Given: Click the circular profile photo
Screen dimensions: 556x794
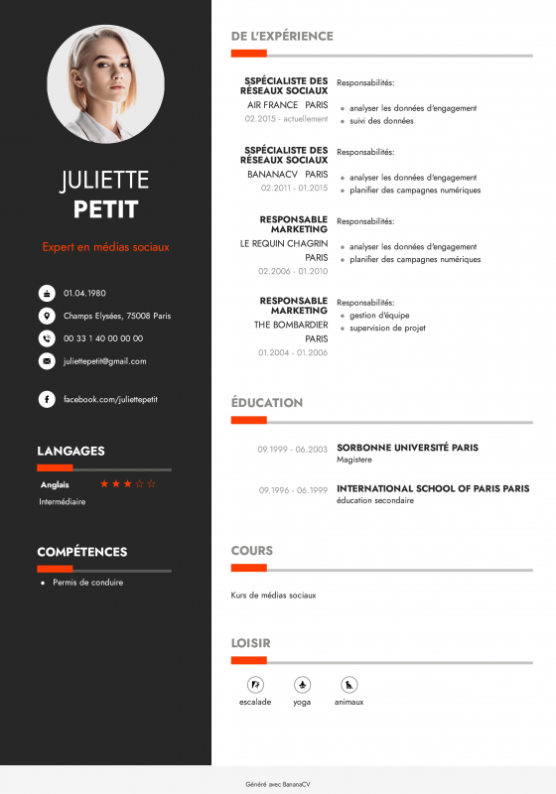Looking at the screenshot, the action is (105, 84).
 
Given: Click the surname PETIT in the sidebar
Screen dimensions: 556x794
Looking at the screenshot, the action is (105, 210).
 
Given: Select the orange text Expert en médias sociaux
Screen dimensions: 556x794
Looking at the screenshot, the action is (105, 246).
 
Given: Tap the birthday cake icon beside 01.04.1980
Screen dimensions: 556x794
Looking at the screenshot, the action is (47, 293).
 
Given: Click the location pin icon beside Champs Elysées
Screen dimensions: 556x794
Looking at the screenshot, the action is (47, 316).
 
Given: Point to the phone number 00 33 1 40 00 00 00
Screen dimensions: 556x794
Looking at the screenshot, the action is (103, 338).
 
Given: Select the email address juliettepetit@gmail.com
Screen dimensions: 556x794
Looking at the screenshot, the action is (104, 361).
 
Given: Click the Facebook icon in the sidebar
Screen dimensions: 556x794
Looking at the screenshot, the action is (47, 399).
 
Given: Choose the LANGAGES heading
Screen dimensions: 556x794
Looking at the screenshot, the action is (70, 451).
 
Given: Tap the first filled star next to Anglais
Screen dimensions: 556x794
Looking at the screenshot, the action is (104, 484).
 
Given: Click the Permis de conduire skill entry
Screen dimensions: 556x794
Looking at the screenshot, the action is (88, 583).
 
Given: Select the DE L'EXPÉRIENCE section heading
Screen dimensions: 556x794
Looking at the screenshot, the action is (282, 36).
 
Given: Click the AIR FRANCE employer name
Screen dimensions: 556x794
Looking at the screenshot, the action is (273, 104).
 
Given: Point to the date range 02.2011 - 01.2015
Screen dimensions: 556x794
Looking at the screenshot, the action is (294, 188).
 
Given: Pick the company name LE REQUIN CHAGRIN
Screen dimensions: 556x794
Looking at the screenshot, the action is (284, 242).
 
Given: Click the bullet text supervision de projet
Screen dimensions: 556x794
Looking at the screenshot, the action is (387, 328).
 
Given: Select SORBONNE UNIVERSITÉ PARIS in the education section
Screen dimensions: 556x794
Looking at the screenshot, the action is (407, 448).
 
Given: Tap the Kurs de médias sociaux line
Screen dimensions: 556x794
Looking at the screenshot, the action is (273, 595).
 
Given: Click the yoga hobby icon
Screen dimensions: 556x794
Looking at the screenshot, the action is (302, 685).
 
